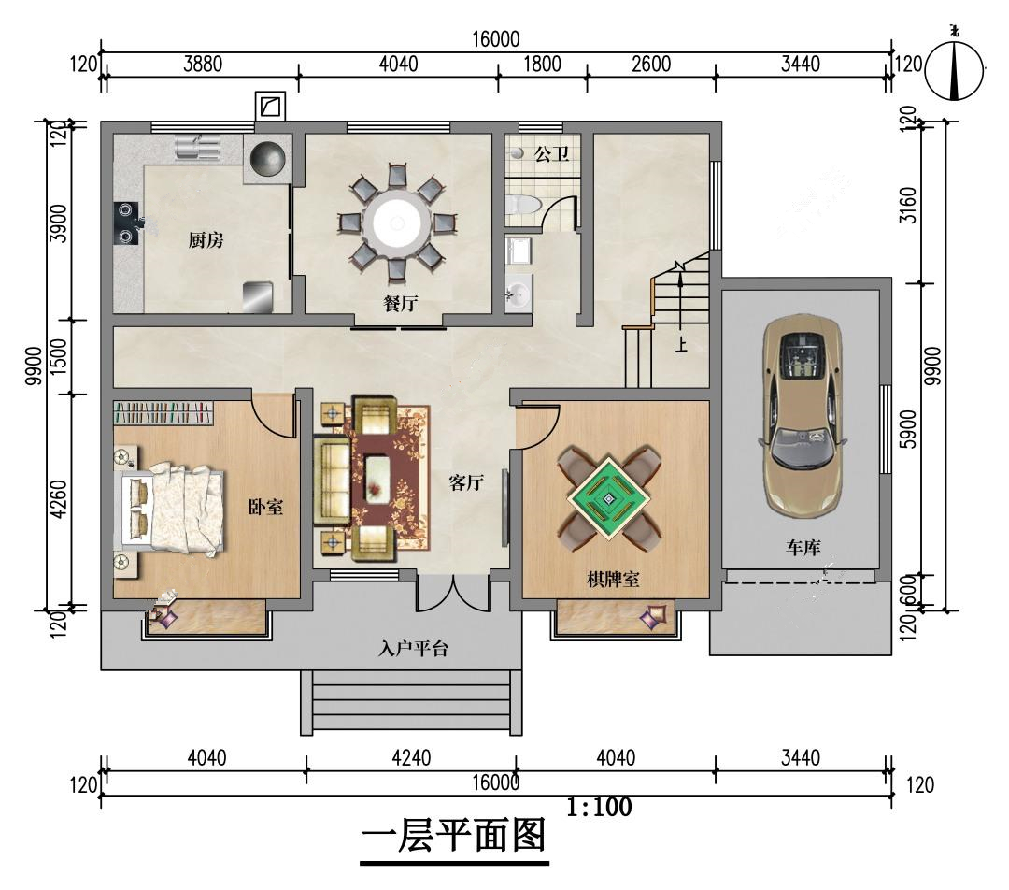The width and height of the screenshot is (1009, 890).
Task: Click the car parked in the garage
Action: pos(802,416)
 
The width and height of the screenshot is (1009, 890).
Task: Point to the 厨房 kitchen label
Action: pos(206,240)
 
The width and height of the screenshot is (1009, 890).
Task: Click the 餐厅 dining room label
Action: pos(400,303)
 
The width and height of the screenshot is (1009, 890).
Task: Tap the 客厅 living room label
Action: pos(466,482)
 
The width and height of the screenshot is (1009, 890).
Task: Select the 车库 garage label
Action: pos(803,548)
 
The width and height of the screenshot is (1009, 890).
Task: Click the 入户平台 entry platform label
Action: pos(413,648)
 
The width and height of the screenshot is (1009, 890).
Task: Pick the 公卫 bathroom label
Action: pos(551,153)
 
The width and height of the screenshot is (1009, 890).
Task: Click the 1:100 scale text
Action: pos(599,806)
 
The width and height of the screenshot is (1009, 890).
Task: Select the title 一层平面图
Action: pos(454,836)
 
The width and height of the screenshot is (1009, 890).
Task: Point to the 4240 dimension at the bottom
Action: pos(411,757)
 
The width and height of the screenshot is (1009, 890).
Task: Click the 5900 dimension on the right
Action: pos(907,429)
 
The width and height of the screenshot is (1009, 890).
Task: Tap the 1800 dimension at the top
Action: pos(542,64)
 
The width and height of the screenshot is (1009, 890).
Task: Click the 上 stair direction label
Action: pos(681,345)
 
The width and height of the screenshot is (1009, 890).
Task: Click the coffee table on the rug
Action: pos(378,477)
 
